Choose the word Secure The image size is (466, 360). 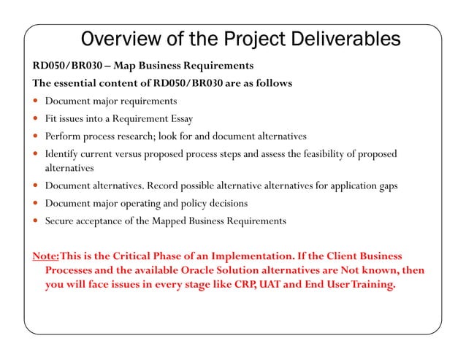pos(61,221)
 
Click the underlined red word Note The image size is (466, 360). pos(45,256)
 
